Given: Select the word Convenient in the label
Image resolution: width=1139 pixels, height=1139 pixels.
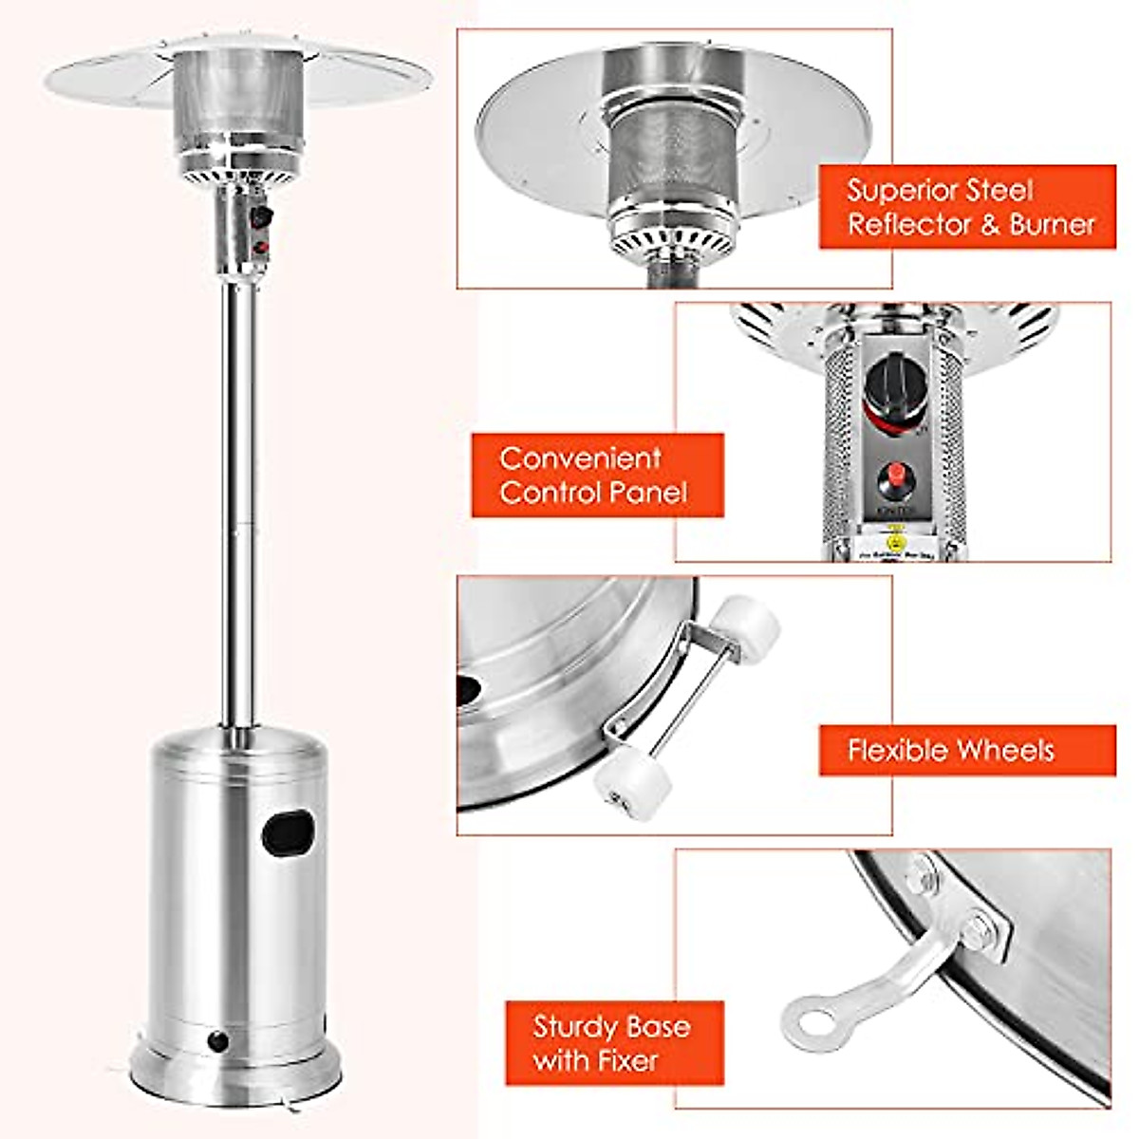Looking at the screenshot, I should point(580,458).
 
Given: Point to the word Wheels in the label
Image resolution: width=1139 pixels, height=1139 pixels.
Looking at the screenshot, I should point(1007,751).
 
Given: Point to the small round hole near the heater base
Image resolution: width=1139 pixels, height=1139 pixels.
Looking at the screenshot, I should point(219,1041).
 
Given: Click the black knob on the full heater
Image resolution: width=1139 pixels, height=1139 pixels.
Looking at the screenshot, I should point(263,217).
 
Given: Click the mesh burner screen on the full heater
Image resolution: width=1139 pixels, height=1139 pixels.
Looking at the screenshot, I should point(236,95).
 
